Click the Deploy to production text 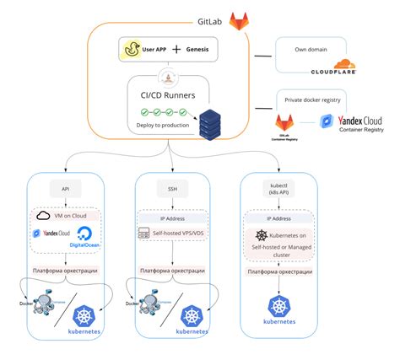[164, 126]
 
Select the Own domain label [311, 51]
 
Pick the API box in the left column [65, 189]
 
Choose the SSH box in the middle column [172, 189]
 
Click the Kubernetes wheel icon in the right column [278, 308]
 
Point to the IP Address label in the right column [278, 218]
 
